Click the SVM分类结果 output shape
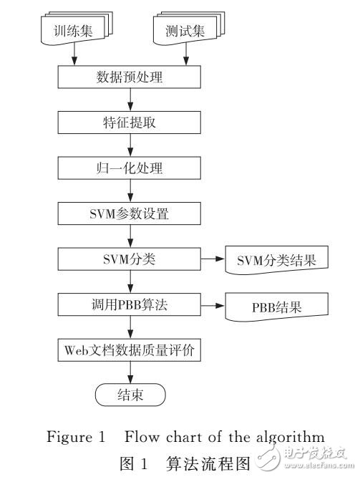[x=275, y=261]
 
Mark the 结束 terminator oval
[x=131, y=394]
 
